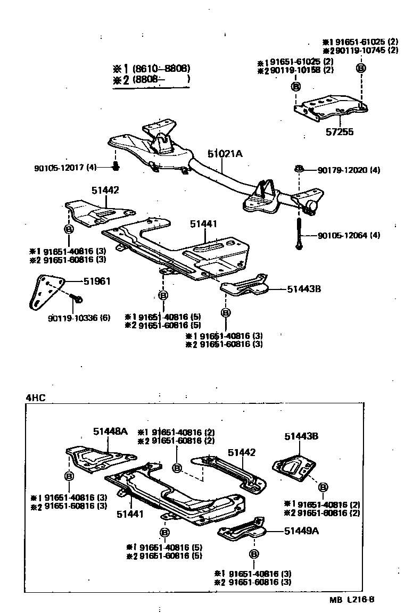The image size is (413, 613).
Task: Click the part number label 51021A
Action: (x=225, y=154)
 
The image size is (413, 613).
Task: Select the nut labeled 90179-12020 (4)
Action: (x=299, y=170)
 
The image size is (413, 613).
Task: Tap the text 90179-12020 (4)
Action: (x=349, y=170)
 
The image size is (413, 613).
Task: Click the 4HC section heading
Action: (x=35, y=398)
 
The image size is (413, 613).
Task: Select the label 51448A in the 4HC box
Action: (x=110, y=432)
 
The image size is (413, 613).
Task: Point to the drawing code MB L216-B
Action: (x=352, y=600)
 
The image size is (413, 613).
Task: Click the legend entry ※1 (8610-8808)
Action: (x=151, y=69)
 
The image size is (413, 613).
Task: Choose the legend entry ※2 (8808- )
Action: (x=151, y=79)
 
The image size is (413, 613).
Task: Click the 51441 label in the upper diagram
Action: (x=204, y=225)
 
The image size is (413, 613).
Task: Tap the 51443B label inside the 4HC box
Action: (x=301, y=436)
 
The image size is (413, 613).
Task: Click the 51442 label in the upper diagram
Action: (x=105, y=190)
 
